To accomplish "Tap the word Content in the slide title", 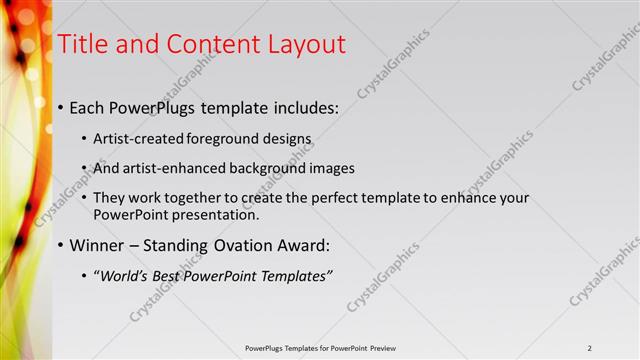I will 209,44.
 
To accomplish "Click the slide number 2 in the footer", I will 589,348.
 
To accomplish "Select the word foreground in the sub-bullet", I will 220,139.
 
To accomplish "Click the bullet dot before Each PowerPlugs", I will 62,106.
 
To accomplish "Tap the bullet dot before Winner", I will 62,245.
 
